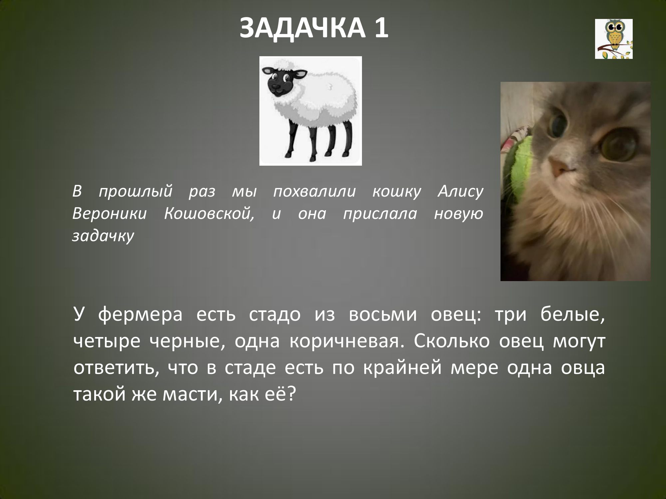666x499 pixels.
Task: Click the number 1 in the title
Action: (x=381, y=28)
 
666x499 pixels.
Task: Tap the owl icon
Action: (x=614, y=39)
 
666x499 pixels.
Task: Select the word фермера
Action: (x=140, y=315)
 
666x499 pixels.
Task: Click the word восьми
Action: (x=383, y=315)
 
